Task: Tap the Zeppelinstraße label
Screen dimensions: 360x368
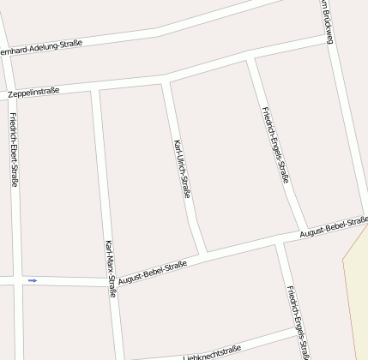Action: (33, 90)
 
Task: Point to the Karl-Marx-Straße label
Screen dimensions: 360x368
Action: (110, 268)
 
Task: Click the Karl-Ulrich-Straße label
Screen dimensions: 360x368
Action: (182, 169)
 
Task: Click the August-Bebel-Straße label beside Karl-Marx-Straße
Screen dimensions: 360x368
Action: (153, 273)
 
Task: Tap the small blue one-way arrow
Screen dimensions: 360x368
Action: (33, 280)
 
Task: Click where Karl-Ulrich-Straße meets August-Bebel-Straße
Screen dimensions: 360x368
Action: (202, 254)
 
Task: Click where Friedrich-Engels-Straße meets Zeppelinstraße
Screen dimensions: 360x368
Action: (250, 58)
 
